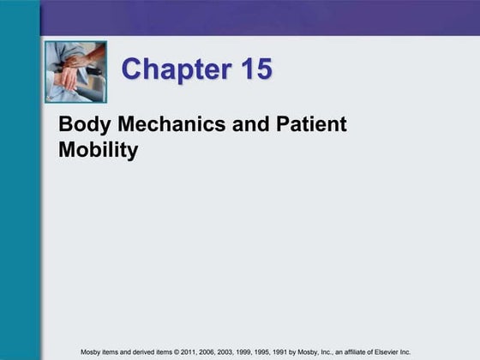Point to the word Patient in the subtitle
(312, 124)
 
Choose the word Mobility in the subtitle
(98, 152)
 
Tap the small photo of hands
(76, 72)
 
